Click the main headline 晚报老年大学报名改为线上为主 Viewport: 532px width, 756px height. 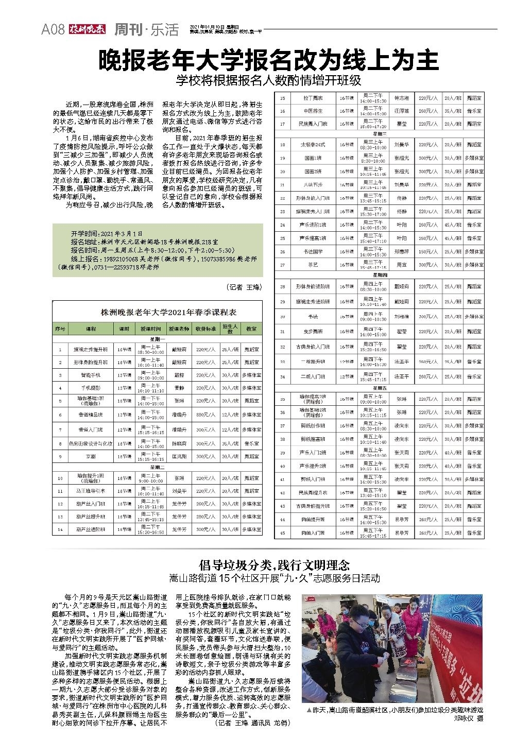point(268,61)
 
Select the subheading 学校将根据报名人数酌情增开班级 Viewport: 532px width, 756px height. point(268,81)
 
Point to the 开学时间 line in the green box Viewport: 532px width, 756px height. point(107,233)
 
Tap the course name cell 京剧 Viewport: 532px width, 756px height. point(91,456)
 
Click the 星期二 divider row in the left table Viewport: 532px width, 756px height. point(157,467)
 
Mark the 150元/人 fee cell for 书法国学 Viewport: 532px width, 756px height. point(425,251)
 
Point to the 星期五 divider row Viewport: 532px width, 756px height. point(381,387)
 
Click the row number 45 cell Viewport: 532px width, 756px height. point(283,533)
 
